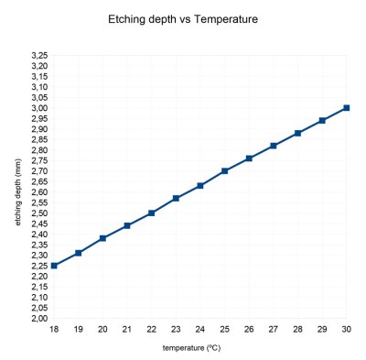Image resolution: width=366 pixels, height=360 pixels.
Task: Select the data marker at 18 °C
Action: (54, 266)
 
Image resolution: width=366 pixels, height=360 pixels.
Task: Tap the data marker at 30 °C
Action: (346, 108)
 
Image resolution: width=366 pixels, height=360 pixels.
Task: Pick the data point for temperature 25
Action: (224, 171)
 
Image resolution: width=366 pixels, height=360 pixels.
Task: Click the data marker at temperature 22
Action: (151, 213)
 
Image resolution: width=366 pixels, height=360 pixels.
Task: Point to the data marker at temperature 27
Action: (273, 146)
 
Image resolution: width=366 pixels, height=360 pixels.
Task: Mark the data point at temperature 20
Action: (102, 238)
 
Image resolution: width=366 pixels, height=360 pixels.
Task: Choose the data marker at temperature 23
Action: (176, 198)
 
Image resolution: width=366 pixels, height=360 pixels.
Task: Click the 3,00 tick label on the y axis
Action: (38, 108)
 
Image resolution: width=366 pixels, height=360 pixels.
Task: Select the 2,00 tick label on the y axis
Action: (38, 319)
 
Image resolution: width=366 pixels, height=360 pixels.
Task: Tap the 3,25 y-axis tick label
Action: (38, 56)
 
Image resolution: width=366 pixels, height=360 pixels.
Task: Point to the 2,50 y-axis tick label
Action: (38, 213)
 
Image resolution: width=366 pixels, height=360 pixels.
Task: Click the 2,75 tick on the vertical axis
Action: (38, 161)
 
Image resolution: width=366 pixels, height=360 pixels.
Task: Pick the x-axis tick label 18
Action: (54, 329)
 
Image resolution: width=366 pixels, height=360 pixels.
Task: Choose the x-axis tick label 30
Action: (346, 329)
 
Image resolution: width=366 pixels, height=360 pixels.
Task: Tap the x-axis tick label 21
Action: (127, 329)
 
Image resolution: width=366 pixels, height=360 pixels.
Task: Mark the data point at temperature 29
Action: (321, 120)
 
